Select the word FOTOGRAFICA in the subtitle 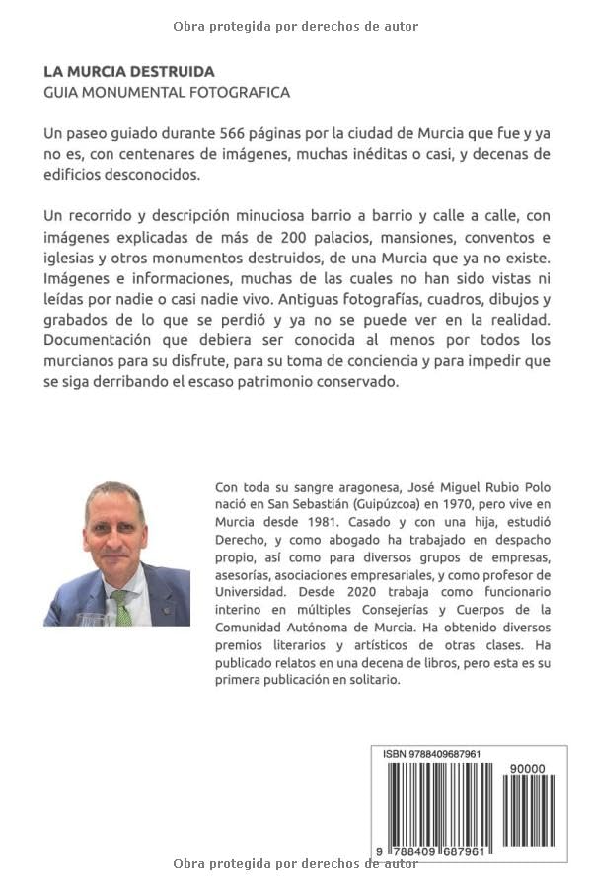tap(239, 92)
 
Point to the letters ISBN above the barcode tap(395, 754)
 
